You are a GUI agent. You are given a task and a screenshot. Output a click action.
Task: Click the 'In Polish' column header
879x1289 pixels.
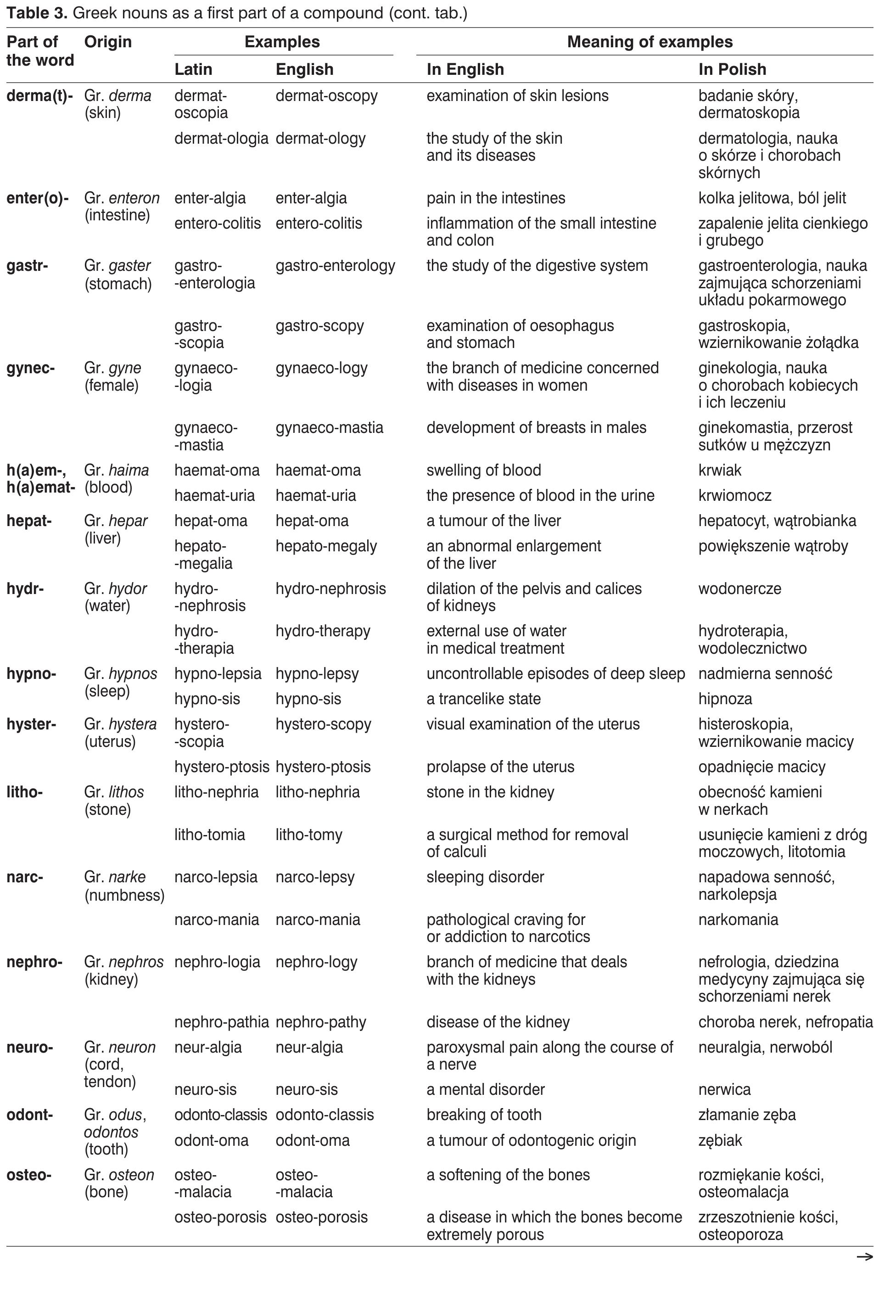[x=732, y=69]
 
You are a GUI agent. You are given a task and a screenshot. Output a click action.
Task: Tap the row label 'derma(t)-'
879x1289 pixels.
[x=39, y=96]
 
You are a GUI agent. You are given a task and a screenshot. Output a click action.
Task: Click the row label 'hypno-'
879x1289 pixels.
[x=31, y=674]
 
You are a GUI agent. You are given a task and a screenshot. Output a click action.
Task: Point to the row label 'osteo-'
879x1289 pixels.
[x=29, y=1175]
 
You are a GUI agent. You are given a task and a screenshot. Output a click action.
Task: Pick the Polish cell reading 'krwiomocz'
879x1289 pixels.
[x=735, y=495]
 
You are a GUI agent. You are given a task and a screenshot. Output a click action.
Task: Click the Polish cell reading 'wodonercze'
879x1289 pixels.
[x=740, y=588]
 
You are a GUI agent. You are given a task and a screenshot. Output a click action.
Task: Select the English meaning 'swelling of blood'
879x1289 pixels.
[x=484, y=471]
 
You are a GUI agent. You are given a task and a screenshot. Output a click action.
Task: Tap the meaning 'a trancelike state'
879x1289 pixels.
[x=484, y=699]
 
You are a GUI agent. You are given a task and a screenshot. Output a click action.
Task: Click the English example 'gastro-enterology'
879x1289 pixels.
[x=336, y=266]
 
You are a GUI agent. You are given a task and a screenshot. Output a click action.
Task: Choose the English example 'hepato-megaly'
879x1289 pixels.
[x=326, y=546]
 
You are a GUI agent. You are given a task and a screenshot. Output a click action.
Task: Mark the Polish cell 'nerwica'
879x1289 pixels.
[x=724, y=1090]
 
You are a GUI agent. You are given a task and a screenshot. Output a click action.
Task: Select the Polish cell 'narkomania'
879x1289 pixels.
[x=738, y=919]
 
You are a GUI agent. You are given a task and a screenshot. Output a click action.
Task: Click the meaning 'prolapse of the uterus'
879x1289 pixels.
[x=500, y=767]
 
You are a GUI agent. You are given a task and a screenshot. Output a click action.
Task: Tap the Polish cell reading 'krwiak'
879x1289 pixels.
[x=720, y=471]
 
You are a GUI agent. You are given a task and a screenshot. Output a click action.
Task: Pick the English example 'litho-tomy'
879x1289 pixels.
[x=309, y=835]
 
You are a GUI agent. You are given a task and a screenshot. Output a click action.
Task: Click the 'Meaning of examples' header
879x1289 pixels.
[x=649, y=42]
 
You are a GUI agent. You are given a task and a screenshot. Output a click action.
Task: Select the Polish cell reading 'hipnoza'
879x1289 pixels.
[x=725, y=699]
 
